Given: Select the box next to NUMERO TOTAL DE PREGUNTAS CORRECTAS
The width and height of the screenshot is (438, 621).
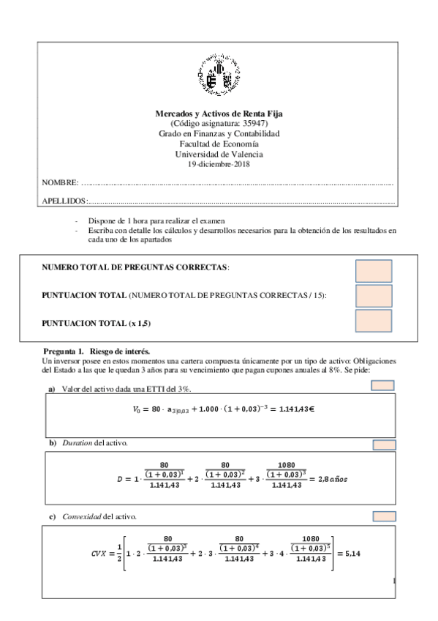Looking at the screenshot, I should [373, 270].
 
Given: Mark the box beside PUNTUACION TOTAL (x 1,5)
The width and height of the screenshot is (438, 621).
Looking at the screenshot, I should [373, 321].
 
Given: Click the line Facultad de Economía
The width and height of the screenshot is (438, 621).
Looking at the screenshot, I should [219, 144].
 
